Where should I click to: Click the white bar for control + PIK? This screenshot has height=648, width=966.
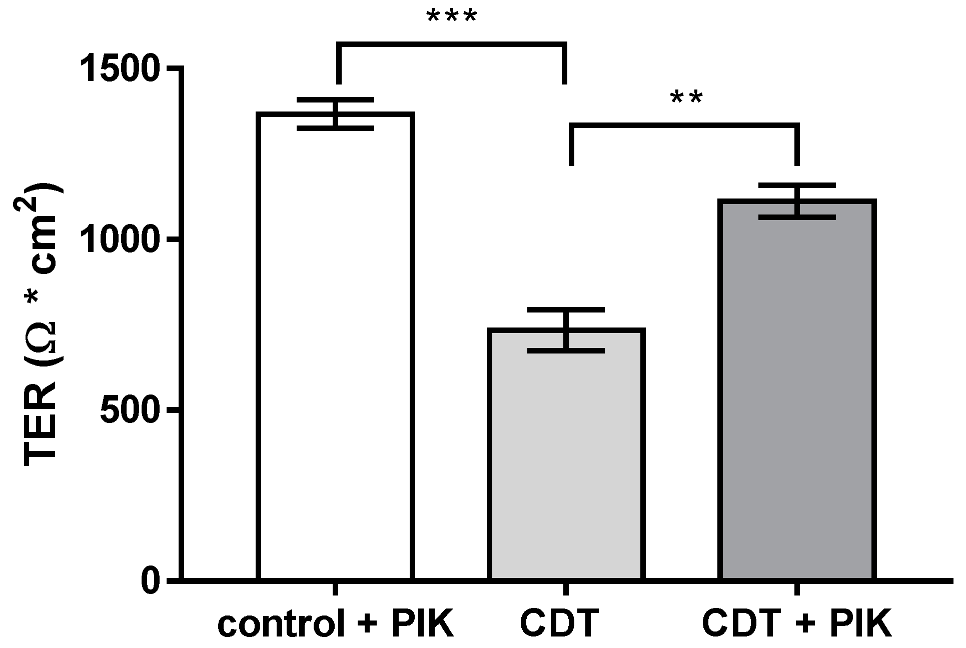(335, 350)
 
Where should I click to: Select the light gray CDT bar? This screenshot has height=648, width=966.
(566, 460)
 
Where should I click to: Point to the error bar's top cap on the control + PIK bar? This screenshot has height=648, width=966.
(335, 99)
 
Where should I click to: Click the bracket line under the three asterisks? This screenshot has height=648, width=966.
(452, 45)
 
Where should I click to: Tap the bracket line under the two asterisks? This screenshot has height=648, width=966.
(684, 125)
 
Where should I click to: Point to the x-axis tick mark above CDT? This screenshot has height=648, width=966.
(566, 589)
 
